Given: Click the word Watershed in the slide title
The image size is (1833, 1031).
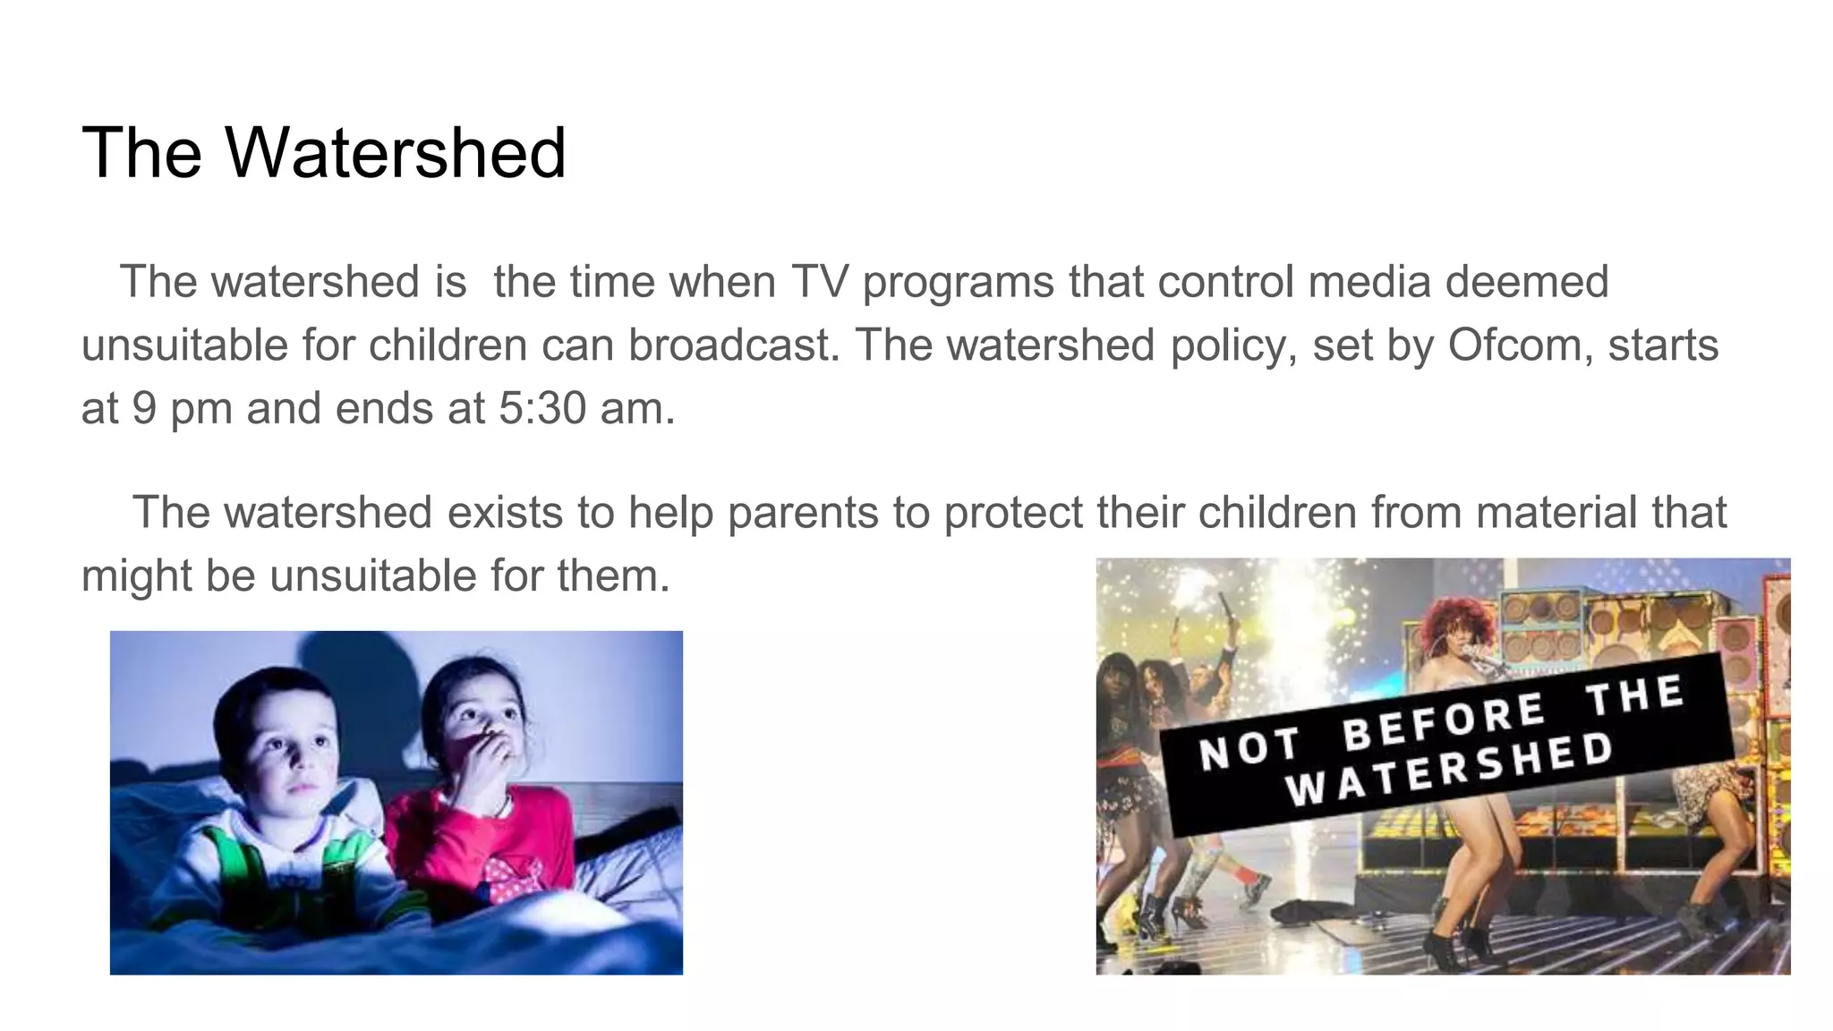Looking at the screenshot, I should coord(396,153).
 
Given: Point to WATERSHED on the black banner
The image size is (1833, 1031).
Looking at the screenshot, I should coord(1450,769).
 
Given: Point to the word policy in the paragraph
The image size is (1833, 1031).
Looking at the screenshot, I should coord(1234,345).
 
